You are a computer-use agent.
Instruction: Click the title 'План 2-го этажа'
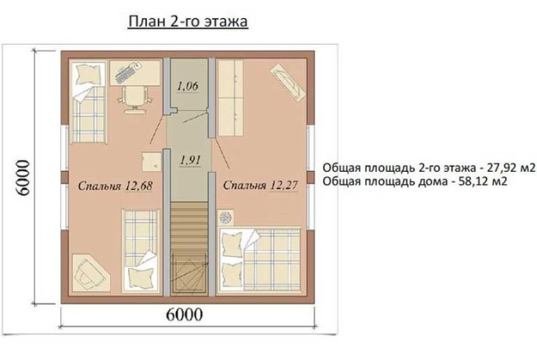(188, 21)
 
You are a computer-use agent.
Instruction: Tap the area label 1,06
(188, 86)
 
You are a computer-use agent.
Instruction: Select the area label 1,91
(190, 160)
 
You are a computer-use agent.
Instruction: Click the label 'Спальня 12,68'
(115, 186)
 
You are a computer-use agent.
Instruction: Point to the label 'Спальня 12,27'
(260, 185)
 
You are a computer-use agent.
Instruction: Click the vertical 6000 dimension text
(24, 178)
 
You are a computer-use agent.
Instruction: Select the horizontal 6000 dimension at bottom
(184, 315)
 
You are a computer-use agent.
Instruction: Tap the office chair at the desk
(134, 99)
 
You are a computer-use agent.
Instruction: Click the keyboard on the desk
(126, 73)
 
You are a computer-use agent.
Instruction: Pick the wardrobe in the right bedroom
(230, 98)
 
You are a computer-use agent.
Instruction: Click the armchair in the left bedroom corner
(90, 272)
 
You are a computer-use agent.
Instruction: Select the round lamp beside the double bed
(226, 218)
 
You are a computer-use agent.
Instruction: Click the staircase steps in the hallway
(190, 227)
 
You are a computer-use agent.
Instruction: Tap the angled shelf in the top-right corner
(288, 83)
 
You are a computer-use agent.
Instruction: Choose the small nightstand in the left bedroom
(151, 162)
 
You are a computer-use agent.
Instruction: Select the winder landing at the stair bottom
(190, 272)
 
